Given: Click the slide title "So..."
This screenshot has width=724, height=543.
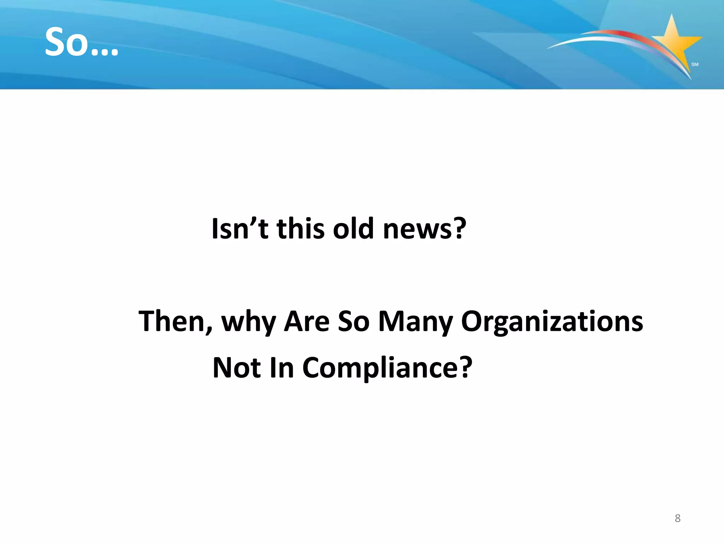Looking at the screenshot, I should click(81, 42).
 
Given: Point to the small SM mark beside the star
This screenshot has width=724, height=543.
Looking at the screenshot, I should click(695, 64).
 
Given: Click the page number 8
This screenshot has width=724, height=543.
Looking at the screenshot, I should click(677, 518).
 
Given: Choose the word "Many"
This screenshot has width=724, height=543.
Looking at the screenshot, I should click(415, 322).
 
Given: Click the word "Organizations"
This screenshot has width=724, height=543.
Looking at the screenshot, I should click(552, 322).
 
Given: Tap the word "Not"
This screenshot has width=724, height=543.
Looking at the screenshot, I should click(237, 368).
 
